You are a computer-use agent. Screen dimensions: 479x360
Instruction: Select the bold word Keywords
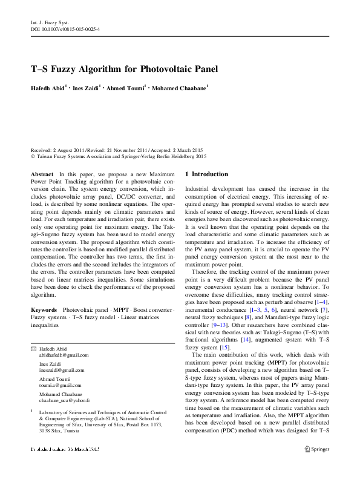click(44, 309)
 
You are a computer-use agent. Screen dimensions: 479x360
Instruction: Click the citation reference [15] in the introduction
click(225, 348)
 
